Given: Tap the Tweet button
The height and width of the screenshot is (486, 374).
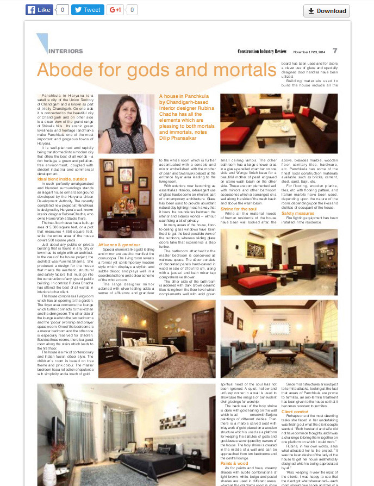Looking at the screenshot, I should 88,10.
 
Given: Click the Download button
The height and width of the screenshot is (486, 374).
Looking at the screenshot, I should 326,11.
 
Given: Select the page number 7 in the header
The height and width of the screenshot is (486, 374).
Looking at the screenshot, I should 335,51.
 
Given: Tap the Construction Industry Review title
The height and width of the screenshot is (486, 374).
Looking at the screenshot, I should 262,51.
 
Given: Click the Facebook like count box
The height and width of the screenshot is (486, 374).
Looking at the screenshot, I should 62,10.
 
